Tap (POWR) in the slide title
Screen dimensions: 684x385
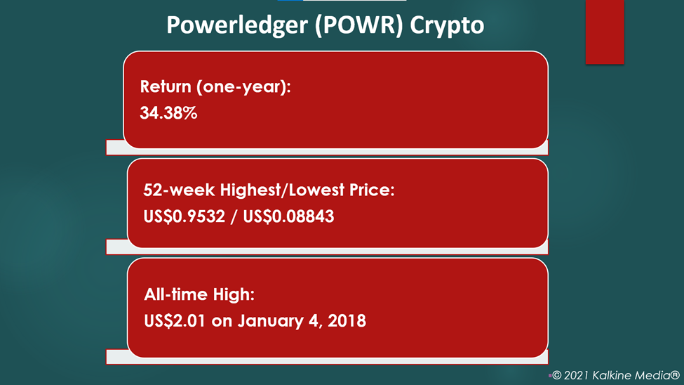(359, 25)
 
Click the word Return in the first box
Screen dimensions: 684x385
(166, 86)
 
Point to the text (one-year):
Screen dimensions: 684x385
(243, 87)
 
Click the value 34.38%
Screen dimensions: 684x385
(168, 113)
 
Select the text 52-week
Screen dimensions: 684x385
(179, 190)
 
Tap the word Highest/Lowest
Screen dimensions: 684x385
(282, 190)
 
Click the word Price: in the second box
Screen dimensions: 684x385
(372, 190)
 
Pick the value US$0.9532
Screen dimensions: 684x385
(184, 216)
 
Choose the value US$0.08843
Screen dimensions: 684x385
(288, 216)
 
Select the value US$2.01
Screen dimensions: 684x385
(175, 321)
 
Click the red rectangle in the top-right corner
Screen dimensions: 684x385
(605, 32)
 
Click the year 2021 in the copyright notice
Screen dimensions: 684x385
(576, 375)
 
